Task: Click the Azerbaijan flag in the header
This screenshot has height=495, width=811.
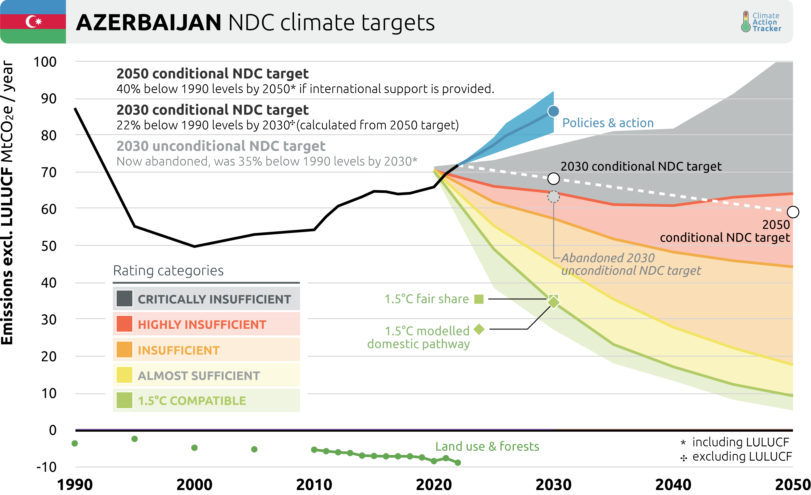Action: coord(33,22)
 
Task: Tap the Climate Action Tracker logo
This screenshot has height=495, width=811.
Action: coord(761,22)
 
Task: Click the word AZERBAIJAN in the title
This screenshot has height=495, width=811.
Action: coord(149,23)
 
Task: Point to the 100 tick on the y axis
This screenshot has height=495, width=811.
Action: coord(45,62)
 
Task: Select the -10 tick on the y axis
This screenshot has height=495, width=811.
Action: coord(46,467)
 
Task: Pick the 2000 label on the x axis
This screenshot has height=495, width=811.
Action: coord(194,485)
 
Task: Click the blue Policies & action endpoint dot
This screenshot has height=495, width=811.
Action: coord(553,111)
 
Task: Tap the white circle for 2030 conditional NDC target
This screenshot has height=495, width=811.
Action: coord(553,179)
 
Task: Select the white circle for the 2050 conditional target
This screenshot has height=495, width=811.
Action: coord(793,212)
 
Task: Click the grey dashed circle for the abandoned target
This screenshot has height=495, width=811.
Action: coord(553,197)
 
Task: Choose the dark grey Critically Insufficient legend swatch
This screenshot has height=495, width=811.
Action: coord(124,299)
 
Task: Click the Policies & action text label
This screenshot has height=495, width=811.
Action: coord(608,123)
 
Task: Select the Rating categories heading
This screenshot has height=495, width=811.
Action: coord(168,271)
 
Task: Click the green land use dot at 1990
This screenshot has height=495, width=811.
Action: coord(75,443)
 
